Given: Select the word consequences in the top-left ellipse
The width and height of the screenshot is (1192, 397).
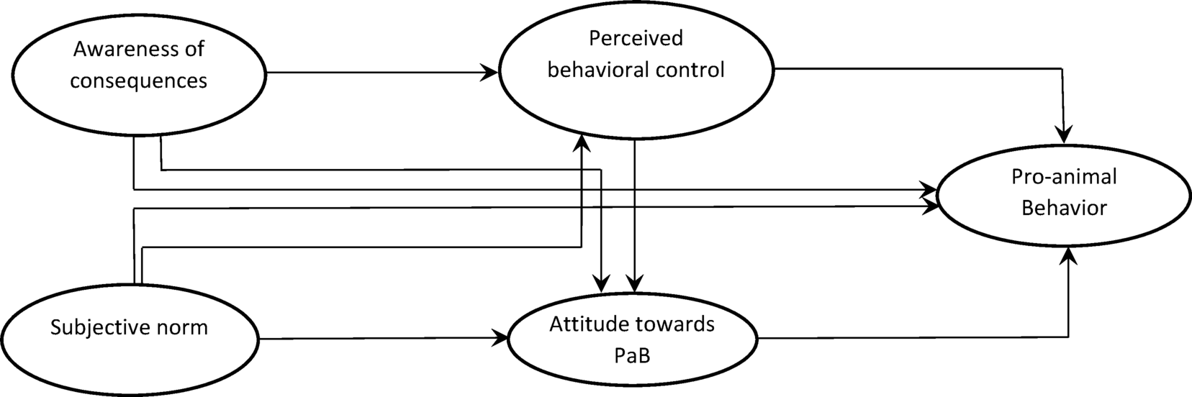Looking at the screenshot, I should point(139,80).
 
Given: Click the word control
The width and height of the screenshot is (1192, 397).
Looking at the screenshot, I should point(691,70).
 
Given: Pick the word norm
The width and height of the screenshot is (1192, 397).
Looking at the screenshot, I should point(186,329).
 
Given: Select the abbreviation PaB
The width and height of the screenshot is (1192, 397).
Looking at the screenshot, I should point(633,355).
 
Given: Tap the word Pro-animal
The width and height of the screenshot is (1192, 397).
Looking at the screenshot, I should point(1063,177).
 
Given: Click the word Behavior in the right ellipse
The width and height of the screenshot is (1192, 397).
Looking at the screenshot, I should point(1064,209).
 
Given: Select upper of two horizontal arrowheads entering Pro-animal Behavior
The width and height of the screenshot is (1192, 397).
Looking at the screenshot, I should point(928,191).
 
